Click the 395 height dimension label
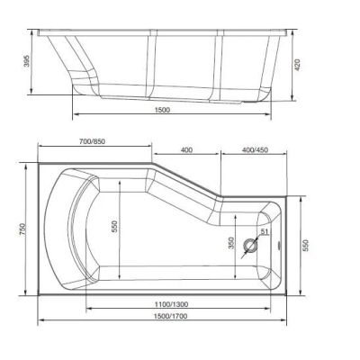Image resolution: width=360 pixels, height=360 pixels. pyautogui.click(x=27, y=61)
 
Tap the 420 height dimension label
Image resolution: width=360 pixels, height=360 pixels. pyautogui.click(x=297, y=65)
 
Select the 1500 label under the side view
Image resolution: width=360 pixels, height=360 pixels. pyautogui.click(x=162, y=110)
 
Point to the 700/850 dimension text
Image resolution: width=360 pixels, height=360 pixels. pyautogui.click(x=92, y=141)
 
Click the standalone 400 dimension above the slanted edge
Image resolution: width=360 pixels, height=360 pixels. pyautogui.click(x=186, y=149)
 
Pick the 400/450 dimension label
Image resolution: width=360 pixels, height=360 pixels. pyautogui.click(x=255, y=149)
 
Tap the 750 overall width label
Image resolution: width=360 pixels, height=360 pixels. pyautogui.click(x=23, y=229)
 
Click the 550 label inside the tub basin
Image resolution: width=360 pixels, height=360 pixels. pyautogui.click(x=115, y=227)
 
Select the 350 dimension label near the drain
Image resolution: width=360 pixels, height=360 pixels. pyautogui.click(x=231, y=243)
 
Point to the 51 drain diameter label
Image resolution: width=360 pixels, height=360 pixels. pyautogui.click(x=265, y=231)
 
